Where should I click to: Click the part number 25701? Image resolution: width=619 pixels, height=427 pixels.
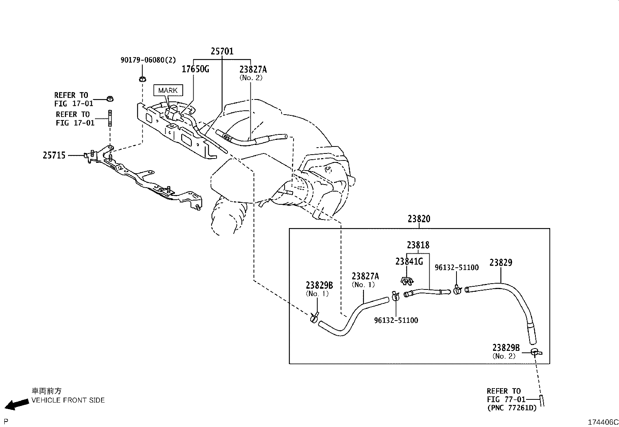point(222,51)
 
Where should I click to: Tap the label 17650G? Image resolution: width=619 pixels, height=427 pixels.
point(195,69)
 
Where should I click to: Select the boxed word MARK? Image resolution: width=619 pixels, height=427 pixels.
point(168,90)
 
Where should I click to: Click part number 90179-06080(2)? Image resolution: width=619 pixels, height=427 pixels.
point(148,60)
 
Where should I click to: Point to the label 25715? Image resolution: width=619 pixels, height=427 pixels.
point(54,155)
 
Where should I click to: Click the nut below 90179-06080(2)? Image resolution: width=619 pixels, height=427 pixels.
point(142,79)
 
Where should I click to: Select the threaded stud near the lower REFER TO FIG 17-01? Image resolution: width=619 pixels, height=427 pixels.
point(110,118)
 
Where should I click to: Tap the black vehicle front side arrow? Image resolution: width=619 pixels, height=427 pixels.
point(17,404)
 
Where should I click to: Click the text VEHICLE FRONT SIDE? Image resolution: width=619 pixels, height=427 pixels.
point(68,400)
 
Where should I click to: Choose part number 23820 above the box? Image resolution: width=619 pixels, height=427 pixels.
point(419,219)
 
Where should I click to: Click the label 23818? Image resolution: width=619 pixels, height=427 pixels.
point(418,245)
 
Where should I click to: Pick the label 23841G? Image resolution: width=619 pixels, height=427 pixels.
point(409,261)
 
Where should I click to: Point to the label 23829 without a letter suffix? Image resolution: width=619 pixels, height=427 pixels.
point(501,262)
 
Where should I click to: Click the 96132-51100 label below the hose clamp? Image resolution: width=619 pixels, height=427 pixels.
point(396,321)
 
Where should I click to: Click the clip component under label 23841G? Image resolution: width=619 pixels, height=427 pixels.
point(407,281)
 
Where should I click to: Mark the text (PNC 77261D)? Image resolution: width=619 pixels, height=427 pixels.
point(512,408)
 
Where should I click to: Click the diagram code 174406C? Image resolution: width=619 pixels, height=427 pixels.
point(603,422)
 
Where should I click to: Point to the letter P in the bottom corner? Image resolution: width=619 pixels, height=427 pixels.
point(6,422)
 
